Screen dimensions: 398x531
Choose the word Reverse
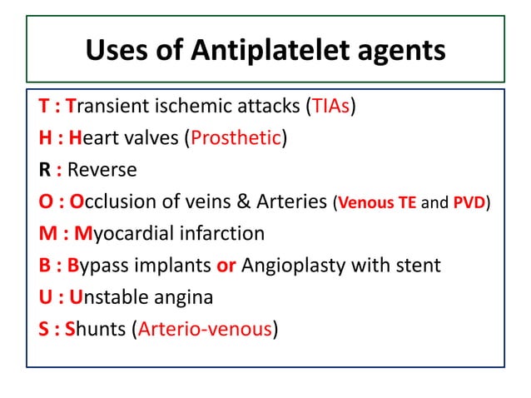coord(102,171)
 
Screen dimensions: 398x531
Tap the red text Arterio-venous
coord(206,329)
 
